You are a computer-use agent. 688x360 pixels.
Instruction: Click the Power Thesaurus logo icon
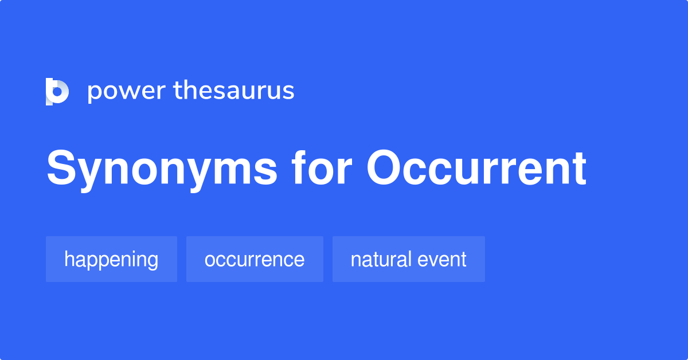pos(57,92)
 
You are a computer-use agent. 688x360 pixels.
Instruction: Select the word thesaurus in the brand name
pos(234,91)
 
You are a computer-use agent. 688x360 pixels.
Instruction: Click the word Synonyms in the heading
pos(162,170)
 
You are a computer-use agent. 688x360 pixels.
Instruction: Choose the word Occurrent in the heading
pos(476,170)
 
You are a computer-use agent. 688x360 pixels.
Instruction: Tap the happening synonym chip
pos(111,259)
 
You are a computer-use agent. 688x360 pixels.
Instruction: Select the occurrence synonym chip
pos(255,259)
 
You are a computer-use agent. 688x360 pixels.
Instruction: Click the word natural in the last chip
pos(381,259)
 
